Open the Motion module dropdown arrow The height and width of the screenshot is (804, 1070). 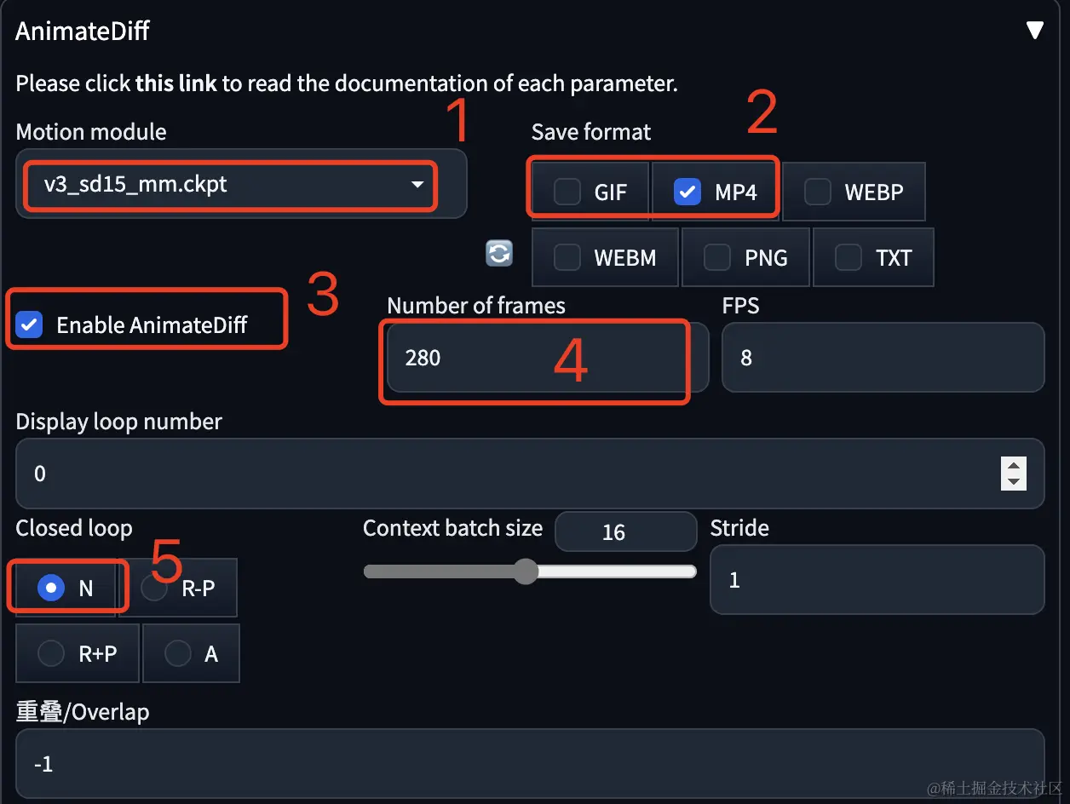pos(417,184)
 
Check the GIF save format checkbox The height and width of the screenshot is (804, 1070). pos(567,191)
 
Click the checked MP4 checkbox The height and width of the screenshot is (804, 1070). pos(687,191)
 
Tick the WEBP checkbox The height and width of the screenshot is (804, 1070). pos(818,191)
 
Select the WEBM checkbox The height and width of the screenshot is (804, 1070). pos(567,257)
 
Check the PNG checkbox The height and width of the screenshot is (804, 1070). pos(716,257)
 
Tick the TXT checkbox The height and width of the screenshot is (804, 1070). pos(849,257)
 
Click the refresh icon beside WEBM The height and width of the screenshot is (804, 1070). pos(499,253)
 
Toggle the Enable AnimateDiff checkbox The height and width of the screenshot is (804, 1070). pos(29,324)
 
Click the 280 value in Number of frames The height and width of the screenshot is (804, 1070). pos(423,358)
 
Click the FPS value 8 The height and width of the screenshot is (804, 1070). pos(745,358)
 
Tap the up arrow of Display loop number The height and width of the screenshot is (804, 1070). pos(1014,465)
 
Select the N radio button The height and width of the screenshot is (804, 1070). pos(51,588)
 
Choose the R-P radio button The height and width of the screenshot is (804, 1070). pos(154,588)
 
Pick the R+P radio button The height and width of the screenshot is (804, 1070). pos(51,653)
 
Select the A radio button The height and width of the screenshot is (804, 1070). pos(177,653)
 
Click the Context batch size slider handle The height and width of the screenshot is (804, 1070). pos(526,571)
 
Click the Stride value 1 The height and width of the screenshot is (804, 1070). pos(734,580)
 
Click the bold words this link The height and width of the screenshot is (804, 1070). pos(176,83)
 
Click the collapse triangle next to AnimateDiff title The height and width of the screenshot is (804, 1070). pos(1034,30)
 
